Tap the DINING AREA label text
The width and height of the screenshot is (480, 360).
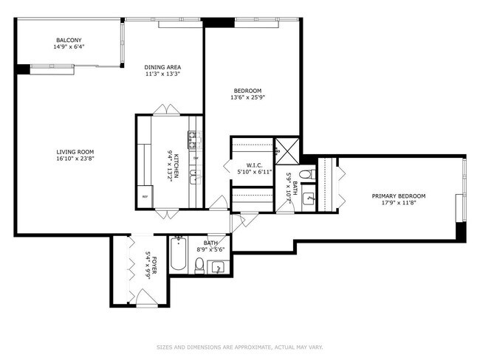(162, 68)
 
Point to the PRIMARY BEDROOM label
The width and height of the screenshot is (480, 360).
(398, 196)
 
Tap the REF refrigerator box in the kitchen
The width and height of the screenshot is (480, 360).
(145, 196)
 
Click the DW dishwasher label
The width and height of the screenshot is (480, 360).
(195, 158)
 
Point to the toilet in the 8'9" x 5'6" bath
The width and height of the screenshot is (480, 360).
(200, 266)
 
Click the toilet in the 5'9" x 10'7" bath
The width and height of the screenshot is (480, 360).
(309, 175)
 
